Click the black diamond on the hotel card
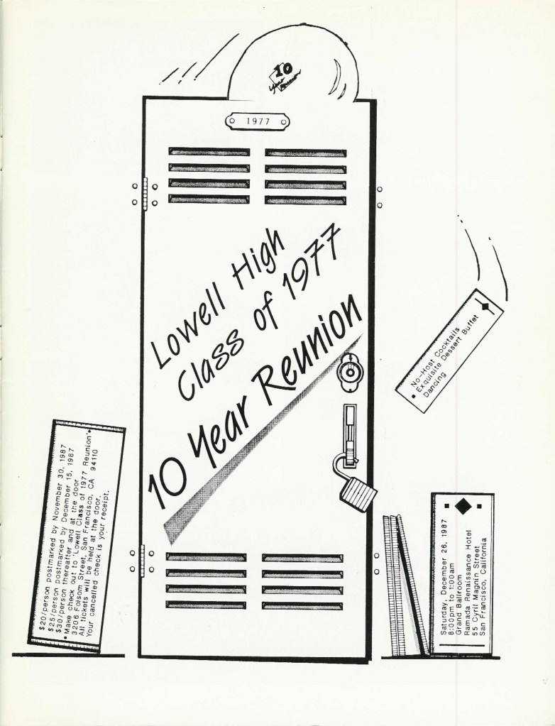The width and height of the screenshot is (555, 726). (x=462, y=506)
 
